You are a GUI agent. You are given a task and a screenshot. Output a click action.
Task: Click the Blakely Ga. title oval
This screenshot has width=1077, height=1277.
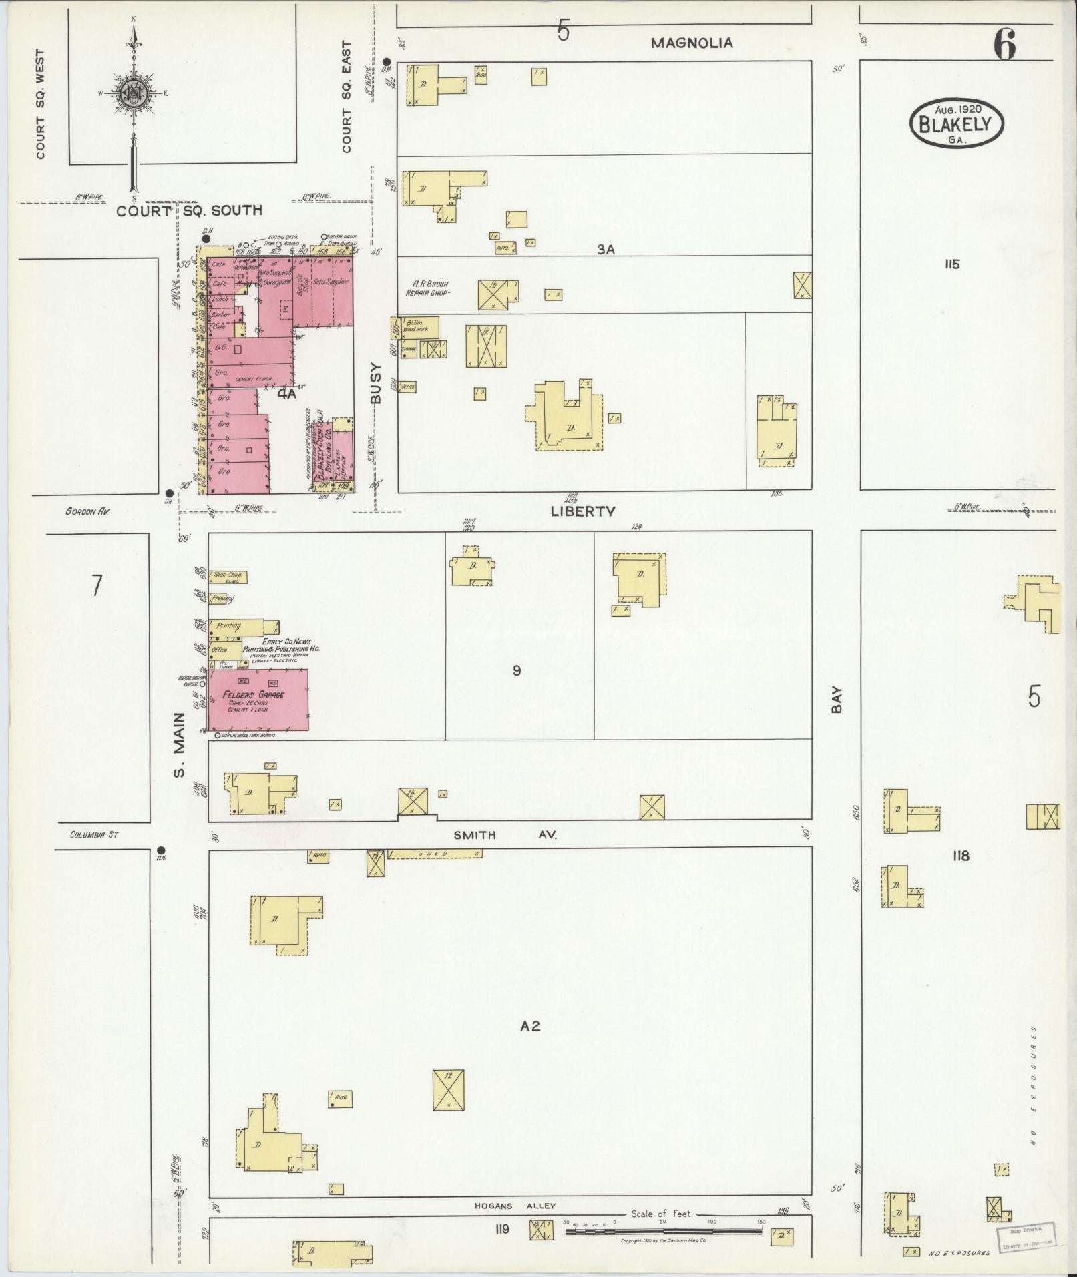point(956,123)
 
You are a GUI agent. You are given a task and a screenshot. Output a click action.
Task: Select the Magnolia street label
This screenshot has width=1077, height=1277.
point(691,43)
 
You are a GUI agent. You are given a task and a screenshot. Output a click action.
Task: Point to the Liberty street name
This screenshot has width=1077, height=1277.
point(582,511)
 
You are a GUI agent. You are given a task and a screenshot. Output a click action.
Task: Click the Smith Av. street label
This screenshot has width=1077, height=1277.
point(504,835)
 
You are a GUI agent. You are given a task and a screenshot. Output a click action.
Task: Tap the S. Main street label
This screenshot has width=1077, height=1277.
point(178,745)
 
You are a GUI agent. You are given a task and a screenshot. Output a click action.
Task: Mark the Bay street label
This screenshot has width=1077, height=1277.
point(837,701)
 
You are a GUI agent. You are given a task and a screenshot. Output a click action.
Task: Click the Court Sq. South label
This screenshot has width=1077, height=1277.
point(189,210)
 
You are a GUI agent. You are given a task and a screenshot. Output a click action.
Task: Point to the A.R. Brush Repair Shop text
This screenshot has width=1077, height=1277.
point(428,288)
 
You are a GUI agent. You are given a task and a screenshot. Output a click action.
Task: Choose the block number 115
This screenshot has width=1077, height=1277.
point(951,264)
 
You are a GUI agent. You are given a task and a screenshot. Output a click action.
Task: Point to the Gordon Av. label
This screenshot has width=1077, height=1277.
point(87,511)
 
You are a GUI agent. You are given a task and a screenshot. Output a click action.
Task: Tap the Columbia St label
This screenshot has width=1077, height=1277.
point(94,834)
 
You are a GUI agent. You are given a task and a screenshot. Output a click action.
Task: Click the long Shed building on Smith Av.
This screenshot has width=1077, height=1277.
point(434,853)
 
